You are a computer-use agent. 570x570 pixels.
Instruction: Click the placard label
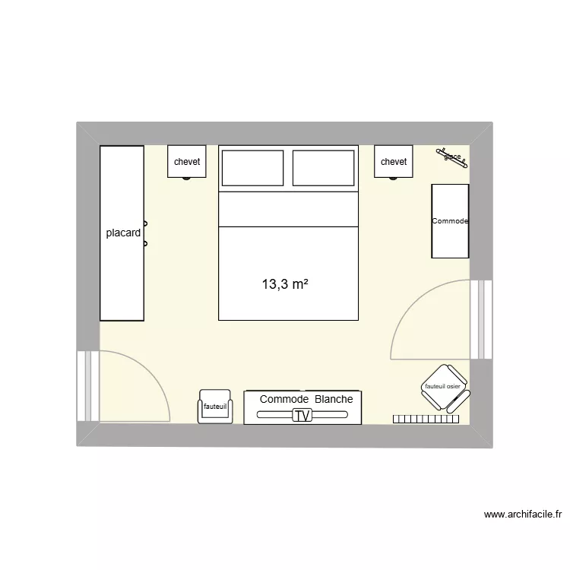(123, 233)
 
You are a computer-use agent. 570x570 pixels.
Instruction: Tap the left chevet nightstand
(187, 162)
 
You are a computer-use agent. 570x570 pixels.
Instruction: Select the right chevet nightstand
(394, 162)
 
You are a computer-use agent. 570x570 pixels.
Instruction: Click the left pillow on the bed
(252, 168)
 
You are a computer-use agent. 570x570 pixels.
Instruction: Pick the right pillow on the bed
(324, 168)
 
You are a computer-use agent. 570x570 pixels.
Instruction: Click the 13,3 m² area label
(285, 285)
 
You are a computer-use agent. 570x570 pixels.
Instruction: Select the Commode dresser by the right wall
(450, 220)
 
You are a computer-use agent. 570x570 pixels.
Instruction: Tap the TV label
(302, 416)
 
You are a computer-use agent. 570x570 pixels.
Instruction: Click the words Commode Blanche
(306, 399)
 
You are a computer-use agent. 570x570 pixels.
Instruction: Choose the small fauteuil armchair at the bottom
(214, 407)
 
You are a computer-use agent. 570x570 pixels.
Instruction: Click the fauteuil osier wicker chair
(446, 388)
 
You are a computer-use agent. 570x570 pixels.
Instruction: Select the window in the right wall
(481, 319)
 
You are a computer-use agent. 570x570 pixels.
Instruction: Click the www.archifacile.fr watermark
(523, 515)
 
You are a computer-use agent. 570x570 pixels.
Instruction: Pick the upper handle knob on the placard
(145, 223)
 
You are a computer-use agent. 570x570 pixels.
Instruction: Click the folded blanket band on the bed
(288, 209)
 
